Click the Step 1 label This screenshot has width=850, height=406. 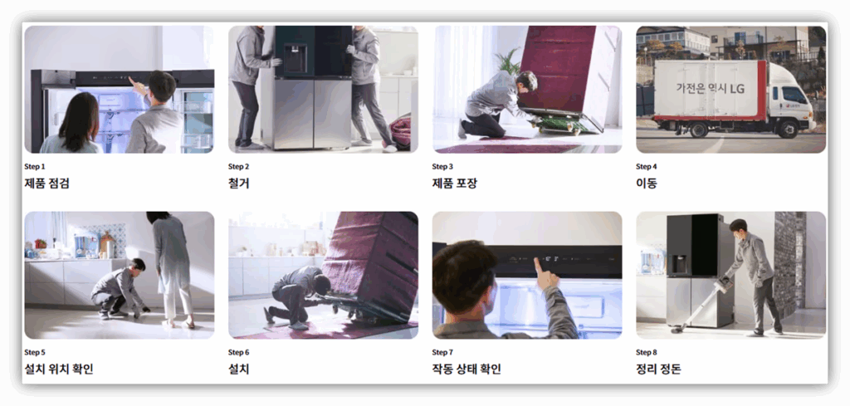(x=35, y=166)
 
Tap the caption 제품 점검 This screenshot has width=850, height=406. (x=47, y=183)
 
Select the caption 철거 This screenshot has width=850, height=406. (x=238, y=183)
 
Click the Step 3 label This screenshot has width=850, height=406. (x=442, y=166)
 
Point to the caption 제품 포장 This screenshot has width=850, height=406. (x=455, y=183)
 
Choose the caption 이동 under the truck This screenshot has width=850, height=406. (x=646, y=183)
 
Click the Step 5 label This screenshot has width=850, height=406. (x=35, y=352)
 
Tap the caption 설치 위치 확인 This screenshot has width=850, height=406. (x=59, y=369)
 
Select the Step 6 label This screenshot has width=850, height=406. (x=238, y=352)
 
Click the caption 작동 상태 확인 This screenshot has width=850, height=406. (x=467, y=369)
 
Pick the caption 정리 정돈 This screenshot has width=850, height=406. (x=658, y=369)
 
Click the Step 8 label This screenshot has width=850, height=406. (x=647, y=352)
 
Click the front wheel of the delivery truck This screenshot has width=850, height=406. (x=788, y=129)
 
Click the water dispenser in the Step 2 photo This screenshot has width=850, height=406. (x=295, y=58)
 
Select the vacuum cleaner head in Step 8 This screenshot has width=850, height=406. (x=677, y=329)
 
